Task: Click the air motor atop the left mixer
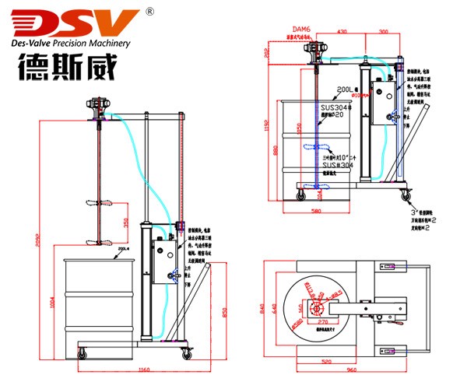tap(97, 104)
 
